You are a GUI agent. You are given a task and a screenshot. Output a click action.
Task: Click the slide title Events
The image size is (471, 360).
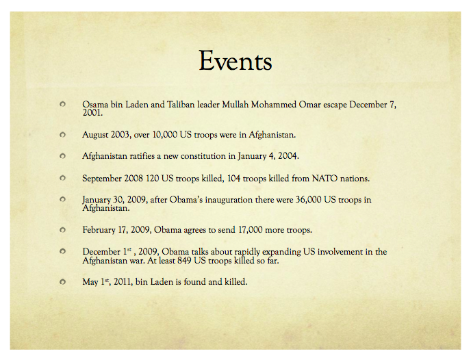235,62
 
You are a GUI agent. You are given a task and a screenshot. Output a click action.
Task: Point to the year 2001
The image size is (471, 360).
92,113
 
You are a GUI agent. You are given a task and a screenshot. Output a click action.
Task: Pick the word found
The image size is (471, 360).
198,281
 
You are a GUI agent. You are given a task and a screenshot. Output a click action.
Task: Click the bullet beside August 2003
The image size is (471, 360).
62,135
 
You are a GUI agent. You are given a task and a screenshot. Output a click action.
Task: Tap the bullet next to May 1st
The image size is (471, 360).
62,281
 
